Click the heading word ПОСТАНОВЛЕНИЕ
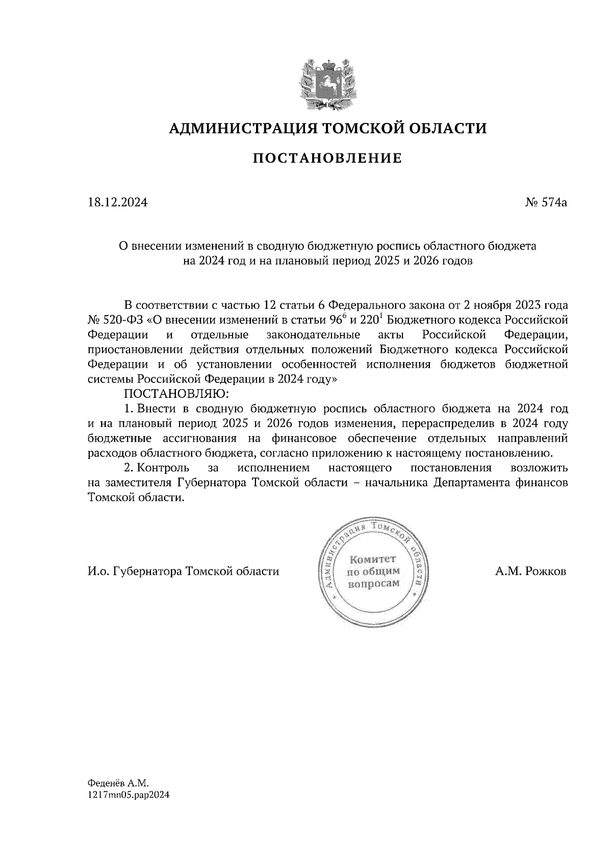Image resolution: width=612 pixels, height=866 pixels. pyautogui.click(x=328, y=159)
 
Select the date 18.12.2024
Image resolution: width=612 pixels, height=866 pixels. pyautogui.click(x=118, y=202)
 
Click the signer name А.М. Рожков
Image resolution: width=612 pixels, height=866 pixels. pyautogui.click(x=530, y=571)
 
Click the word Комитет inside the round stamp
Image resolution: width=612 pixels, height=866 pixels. pyautogui.click(x=372, y=559)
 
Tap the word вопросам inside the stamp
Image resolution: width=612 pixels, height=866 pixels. pyautogui.click(x=373, y=583)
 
